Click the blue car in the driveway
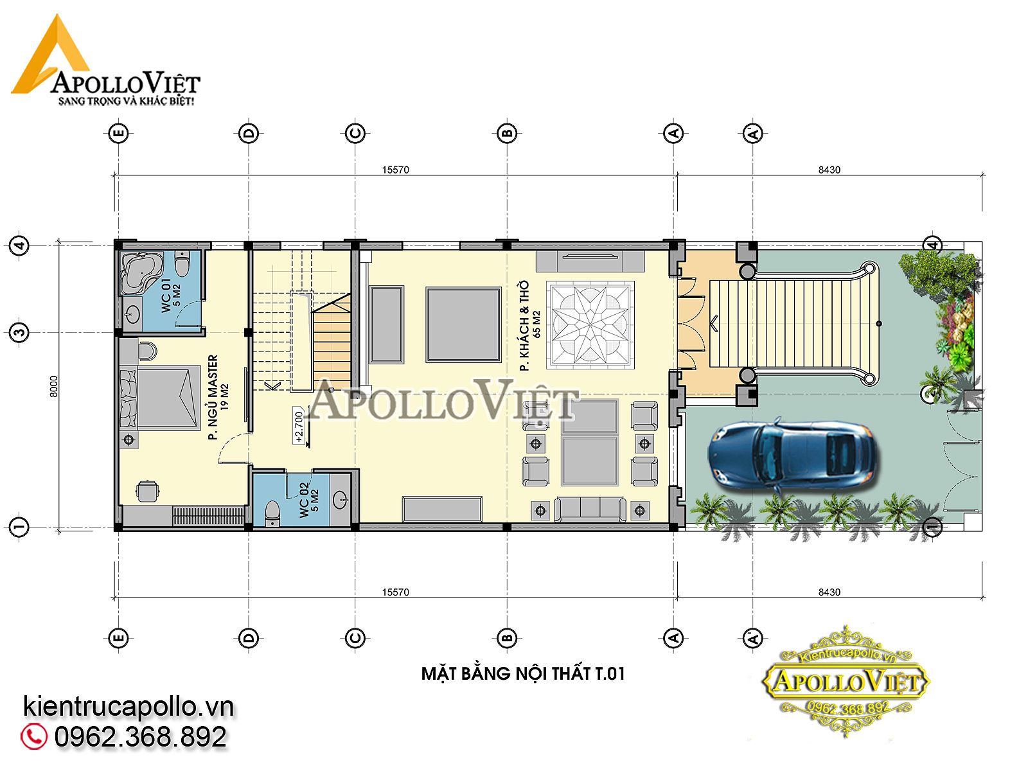point(791,454)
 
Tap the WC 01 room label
point(172,296)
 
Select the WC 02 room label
point(308,499)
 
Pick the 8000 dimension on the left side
point(54,386)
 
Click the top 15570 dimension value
point(395,170)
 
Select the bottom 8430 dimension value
point(829,592)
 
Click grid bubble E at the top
point(118,134)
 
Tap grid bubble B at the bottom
point(507,638)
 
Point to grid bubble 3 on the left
point(19,333)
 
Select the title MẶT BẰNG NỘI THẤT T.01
point(522,673)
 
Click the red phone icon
point(33,736)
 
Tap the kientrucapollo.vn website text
point(128,706)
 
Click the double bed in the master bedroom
point(160,398)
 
